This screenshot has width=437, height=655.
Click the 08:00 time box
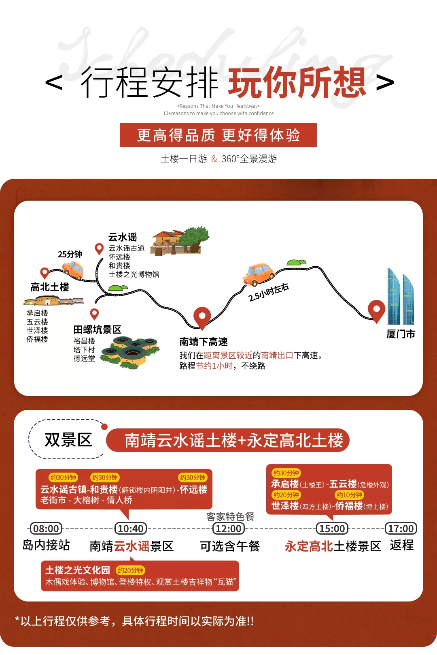pyautogui.click(x=46, y=529)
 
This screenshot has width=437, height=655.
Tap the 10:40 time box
pyautogui.click(x=131, y=529)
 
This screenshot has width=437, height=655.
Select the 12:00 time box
pyautogui.click(x=229, y=529)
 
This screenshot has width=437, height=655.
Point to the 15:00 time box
pyautogui.click(x=332, y=529)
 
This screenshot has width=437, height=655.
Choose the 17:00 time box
pyautogui.click(x=401, y=529)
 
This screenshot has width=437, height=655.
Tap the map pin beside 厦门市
pyautogui.click(x=376, y=310)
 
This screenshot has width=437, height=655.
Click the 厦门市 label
pyautogui.click(x=401, y=334)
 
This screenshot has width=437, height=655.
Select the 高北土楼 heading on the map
pyautogui.click(x=50, y=287)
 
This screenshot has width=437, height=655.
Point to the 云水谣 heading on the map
pyautogui.click(x=123, y=237)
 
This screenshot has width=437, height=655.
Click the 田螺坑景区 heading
pyautogui.click(x=98, y=330)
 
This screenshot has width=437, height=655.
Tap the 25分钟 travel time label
pyautogui.click(x=70, y=254)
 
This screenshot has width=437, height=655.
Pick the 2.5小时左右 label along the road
pyautogui.click(x=269, y=292)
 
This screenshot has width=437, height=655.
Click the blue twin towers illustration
pyautogui.click(x=400, y=297)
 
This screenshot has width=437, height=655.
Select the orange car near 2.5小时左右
pyautogui.click(x=258, y=274)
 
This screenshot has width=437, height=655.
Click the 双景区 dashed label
pyautogui.click(x=68, y=440)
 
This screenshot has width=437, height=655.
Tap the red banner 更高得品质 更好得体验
pyautogui.click(x=218, y=135)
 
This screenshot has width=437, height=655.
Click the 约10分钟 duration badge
pyautogui.click(x=349, y=495)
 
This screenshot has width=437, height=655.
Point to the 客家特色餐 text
pyautogui.click(x=230, y=517)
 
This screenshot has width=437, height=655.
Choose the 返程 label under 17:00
pyautogui.click(x=401, y=545)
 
